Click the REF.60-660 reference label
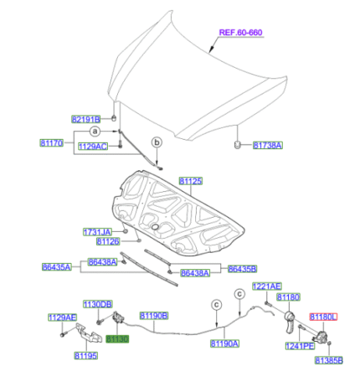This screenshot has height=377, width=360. [240, 34]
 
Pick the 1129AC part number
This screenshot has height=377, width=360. [92, 147]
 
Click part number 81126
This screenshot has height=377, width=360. [108, 242]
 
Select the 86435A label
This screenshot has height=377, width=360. [56, 267]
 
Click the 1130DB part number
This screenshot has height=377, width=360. [96, 303]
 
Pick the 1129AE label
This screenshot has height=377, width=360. [62, 317]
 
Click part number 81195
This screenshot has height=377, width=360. [85, 356]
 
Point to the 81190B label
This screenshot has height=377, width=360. [153, 316]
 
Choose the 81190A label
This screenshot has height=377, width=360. [224, 343]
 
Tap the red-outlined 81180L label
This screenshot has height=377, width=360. [322, 318]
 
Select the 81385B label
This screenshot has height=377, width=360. [329, 359]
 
